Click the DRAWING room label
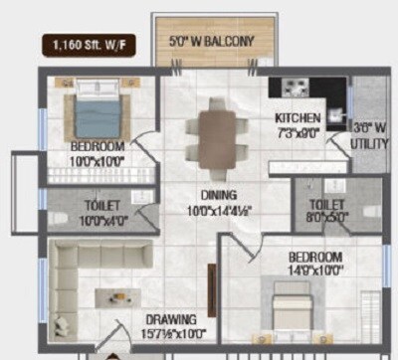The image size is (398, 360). point(167,320)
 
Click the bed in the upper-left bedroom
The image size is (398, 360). point(97,110)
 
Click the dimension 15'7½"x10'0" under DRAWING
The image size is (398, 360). point(168,334)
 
